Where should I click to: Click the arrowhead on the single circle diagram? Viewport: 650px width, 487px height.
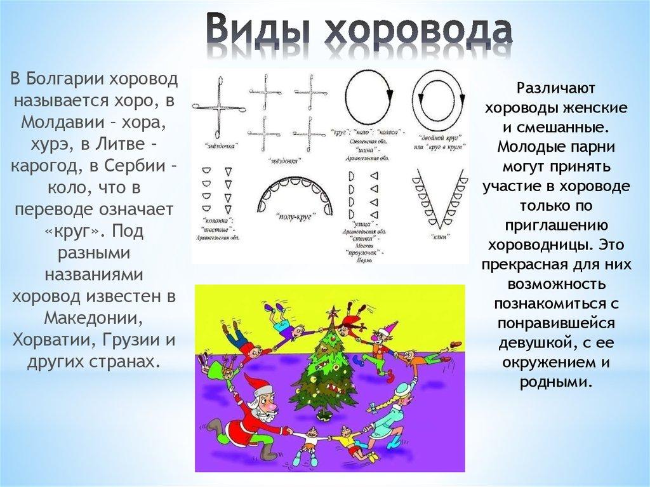pyautogui.click(x=390, y=97)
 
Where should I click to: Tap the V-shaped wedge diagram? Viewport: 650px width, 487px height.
pyautogui.click(x=440, y=197)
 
